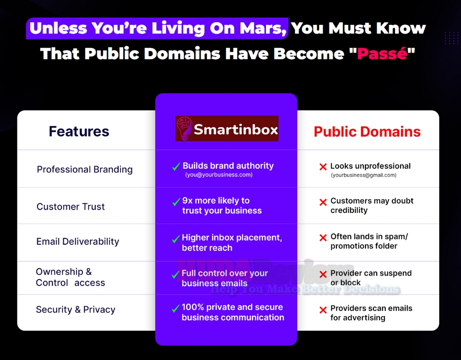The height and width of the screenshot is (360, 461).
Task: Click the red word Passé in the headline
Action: click(382, 53)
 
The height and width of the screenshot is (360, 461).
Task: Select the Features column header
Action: click(79, 131)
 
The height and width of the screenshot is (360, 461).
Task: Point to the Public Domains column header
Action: click(367, 132)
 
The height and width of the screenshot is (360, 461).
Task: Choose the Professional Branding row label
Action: click(84, 169)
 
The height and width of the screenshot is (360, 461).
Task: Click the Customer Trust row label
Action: click(71, 207)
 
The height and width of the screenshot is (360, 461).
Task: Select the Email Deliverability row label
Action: click(77, 242)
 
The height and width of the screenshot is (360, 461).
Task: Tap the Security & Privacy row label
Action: click(76, 310)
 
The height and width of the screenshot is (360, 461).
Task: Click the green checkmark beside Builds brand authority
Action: click(176, 167)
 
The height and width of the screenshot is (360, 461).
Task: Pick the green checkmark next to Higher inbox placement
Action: click(175, 239)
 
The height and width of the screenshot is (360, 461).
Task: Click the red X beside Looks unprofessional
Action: click(323, 167)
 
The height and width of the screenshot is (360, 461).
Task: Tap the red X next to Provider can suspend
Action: click(323, 274)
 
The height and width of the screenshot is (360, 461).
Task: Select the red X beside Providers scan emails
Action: click(323, 310)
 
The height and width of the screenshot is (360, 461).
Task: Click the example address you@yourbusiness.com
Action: click(219, 175)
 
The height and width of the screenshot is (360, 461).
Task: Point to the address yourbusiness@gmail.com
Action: click(363, 175)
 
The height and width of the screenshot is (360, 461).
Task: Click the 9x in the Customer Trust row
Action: click(188, 201)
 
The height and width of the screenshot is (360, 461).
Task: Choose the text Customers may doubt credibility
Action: click(372, 206)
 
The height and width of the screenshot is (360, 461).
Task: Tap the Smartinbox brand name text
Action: click(236, 130)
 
